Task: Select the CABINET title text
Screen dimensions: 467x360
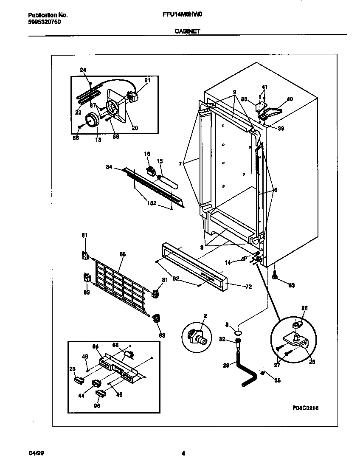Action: coord(187,31)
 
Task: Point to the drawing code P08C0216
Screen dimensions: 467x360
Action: coord(305,408)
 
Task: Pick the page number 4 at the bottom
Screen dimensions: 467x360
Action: coord(183,453)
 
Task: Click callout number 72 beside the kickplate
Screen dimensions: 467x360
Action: coord(248,287)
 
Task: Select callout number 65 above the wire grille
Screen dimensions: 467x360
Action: coord(122,254)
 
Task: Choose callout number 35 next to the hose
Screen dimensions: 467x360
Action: coord(277,380)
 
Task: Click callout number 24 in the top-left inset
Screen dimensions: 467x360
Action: coord(83,70)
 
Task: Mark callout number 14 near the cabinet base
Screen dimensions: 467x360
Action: coord(228,263)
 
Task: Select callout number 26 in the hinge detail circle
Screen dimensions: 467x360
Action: coord(304,308)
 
